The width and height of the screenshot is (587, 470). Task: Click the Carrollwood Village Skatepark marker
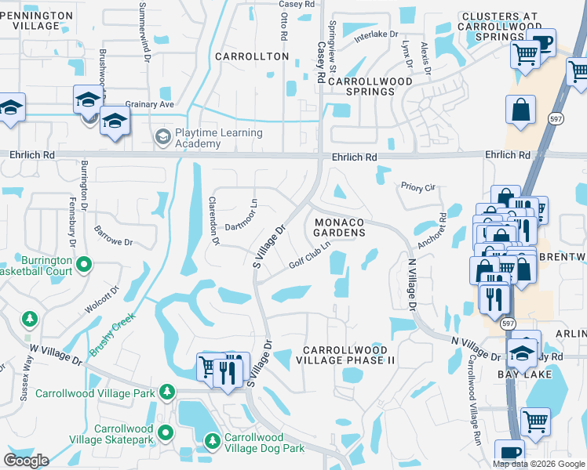click(166, 432)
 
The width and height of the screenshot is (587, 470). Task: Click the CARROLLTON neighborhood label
click(252, 56)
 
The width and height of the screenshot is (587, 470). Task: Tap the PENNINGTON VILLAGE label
click(31, 20)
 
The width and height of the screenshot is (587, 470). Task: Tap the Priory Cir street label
click(417, 188)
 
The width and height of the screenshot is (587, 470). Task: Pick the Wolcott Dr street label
click(102, 297)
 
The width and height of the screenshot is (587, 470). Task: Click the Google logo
click(25, 461)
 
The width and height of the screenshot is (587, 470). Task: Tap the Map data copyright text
click(538, 464)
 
